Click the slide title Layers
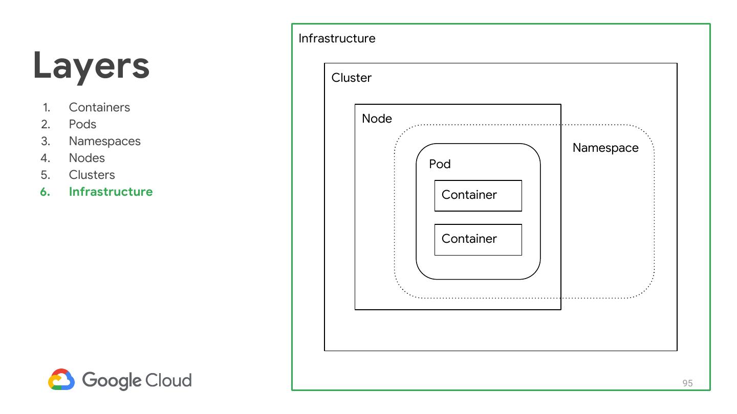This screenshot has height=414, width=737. tap(91, 66)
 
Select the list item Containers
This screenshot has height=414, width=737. tap(99, 107)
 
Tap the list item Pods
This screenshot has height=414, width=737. tap(82, 124)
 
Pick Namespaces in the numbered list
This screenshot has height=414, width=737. tap(104, 141)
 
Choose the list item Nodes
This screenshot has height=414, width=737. tap(86, 158)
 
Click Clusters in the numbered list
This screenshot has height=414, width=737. tap(92, 175)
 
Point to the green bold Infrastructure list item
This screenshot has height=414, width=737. tap(111, 192)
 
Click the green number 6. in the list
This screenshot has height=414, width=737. tap(46, 192)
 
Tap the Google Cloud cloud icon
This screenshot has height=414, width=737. tap(61, 380)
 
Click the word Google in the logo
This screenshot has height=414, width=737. tap(111, 380)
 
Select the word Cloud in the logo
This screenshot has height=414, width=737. tap(168, 380)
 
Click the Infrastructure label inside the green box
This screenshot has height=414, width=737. tap(337, 38)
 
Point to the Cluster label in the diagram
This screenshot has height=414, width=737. tap(351, 78)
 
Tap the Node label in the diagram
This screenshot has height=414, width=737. tap(377, 119)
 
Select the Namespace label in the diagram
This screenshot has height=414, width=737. tap(605, 148)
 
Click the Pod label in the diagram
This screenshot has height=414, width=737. tap(440, 164)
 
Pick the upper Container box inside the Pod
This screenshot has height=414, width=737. tap(478, 195)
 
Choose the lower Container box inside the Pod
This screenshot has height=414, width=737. tap(478, 239)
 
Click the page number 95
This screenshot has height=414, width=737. tap(687, 383)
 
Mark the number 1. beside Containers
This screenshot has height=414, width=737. tap(47, 107)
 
